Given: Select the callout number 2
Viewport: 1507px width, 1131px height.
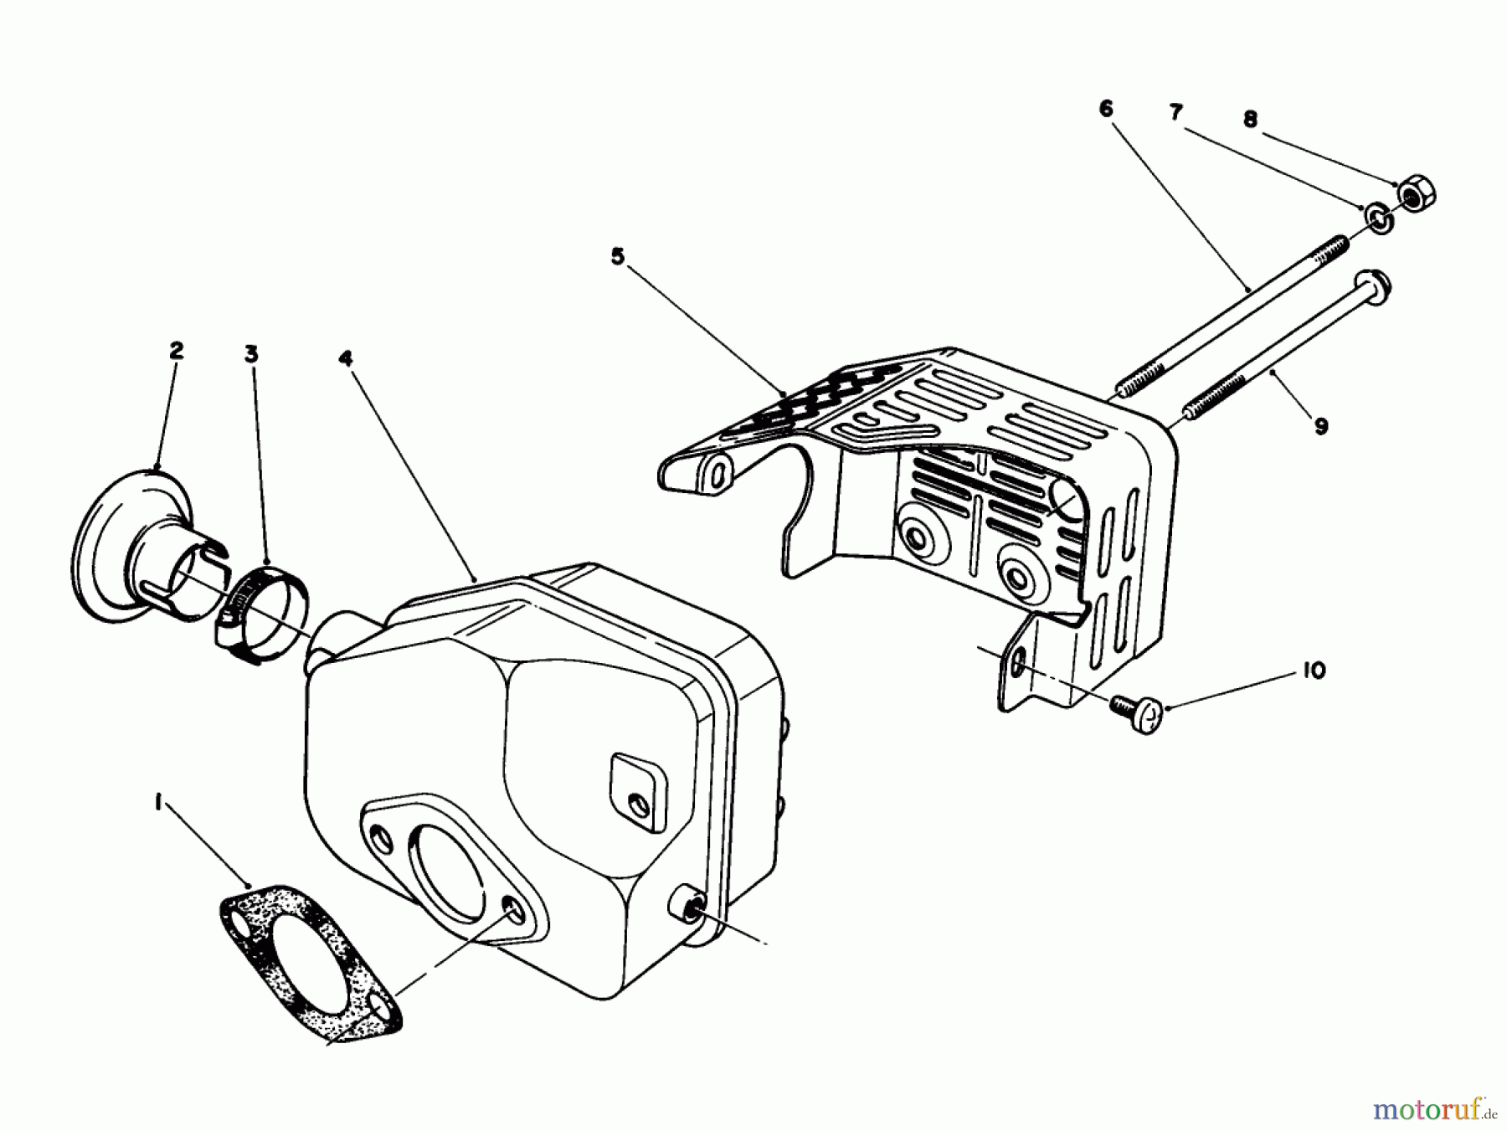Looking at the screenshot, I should (176, 351).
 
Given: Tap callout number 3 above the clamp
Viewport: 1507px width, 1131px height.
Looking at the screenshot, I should (251, 354).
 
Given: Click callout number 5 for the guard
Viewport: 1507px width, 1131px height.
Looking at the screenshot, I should (618, 257).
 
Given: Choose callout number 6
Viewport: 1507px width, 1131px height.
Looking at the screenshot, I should (1106, 108).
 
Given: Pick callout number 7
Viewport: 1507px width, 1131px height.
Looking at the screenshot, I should (1176, 112).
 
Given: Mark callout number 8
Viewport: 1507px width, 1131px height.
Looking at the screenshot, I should (1250, 120).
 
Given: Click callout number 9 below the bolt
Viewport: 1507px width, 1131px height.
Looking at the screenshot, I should (1321, 427).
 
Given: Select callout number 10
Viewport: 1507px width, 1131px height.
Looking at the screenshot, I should (1314, 671).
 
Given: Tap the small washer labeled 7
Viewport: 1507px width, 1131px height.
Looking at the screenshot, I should (1378, 218).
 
